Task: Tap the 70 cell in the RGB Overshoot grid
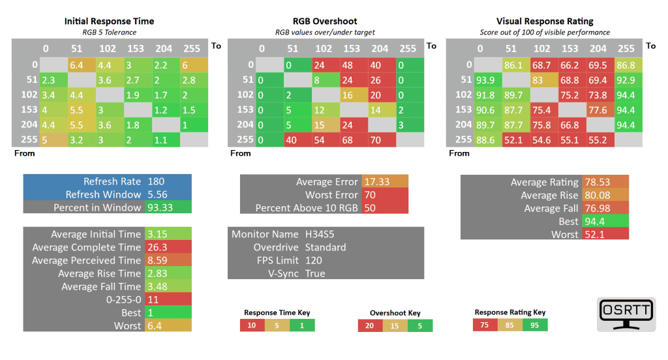tap(380, 139)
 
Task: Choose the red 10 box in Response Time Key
tap(251, 325)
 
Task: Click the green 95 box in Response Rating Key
tap(535, 324)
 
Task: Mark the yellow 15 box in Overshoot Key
tap(395, 325)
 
